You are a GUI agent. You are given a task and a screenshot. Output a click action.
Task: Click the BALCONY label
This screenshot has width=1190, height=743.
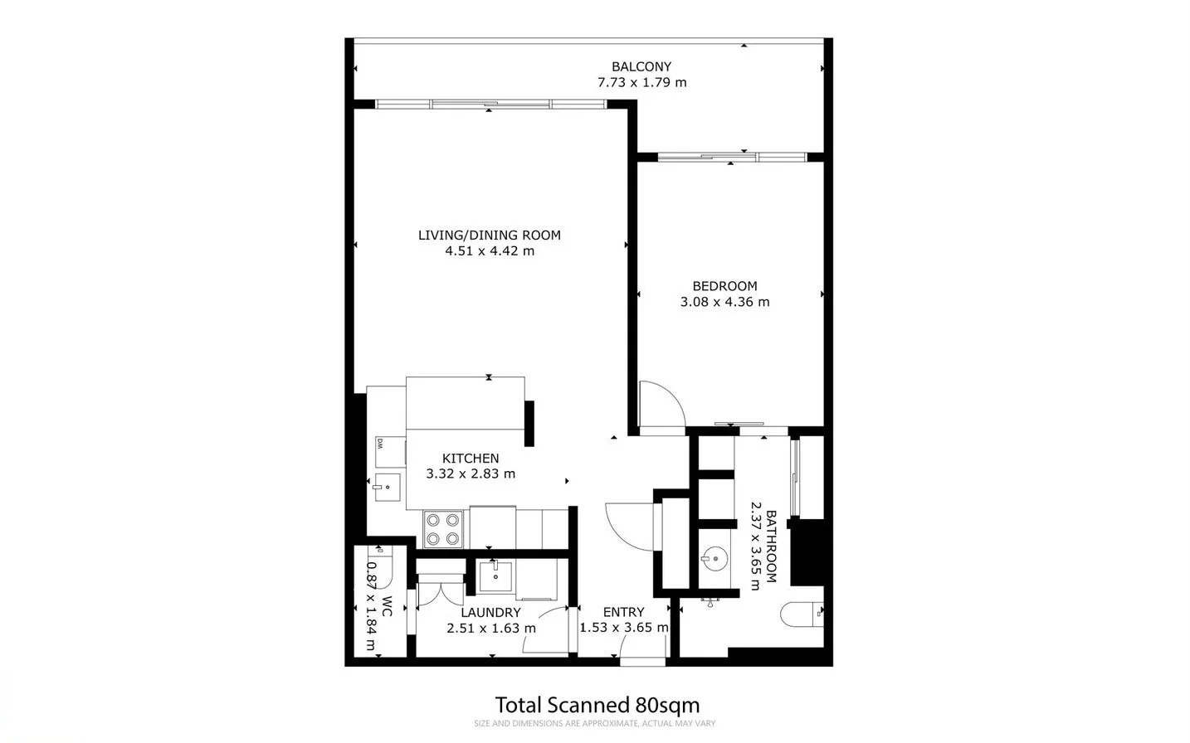click(641, 66)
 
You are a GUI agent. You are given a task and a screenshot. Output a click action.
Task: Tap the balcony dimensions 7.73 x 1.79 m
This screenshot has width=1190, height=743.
click(641, 82)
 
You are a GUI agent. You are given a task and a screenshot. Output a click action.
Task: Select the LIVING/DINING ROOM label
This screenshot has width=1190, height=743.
click(489, 235)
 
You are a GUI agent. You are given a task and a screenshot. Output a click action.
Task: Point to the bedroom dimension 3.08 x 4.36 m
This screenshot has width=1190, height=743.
click(724, 302)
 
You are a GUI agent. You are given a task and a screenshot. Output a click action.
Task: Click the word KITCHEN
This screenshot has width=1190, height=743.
click(470, 458)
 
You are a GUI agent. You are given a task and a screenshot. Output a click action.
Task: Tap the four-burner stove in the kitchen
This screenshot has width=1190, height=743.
click(442, 529)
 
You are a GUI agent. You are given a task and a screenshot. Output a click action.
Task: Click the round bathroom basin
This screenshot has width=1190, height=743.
click(713, 558)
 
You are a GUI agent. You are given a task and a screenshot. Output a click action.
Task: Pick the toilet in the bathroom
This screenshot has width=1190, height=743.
click(800, 614)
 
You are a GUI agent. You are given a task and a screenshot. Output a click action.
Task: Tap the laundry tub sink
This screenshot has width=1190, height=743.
click(495, 575)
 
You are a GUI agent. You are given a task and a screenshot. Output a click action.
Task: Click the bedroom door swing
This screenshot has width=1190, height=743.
click(661, 406)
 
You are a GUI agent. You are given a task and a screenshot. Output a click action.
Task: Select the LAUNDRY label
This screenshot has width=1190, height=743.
click(490, 612)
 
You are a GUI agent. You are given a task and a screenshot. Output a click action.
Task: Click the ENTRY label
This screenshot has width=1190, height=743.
click(623, 612)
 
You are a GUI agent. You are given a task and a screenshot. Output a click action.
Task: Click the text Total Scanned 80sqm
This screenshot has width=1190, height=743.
click(597, 705)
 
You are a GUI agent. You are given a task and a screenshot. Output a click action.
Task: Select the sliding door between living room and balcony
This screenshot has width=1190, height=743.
click(490, 104)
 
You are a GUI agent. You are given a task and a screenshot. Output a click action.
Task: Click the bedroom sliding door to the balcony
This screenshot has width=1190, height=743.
click(731, 157)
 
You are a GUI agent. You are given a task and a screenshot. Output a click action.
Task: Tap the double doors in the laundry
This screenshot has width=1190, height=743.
click(441, 591)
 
